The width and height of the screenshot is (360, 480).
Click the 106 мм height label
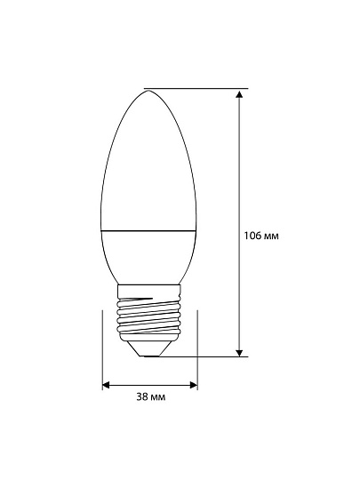point(261,236)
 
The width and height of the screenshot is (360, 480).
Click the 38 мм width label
point(151,397)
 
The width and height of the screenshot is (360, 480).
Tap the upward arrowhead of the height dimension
point(240,94)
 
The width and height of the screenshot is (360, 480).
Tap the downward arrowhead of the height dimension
point(240,353)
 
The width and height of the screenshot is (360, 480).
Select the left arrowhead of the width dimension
point(107,385)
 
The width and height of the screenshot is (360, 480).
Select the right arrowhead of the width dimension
point(194,385)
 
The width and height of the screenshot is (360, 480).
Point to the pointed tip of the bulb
point(148,91)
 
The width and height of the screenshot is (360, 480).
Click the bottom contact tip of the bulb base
point(149,356)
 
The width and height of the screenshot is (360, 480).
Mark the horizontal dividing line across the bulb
point(148,229)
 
